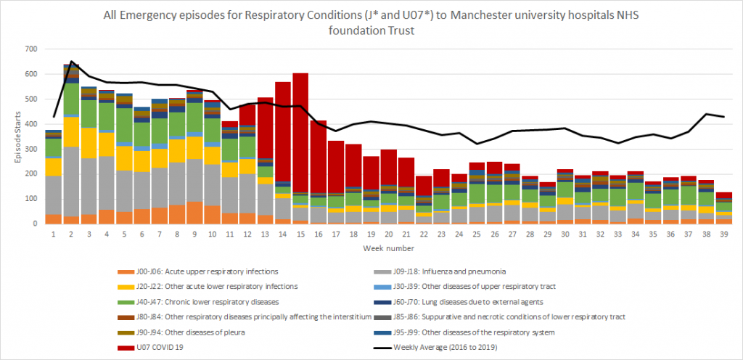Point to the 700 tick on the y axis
pos(30,49)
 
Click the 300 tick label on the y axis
pos(30,149)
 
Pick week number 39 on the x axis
pos(724,234)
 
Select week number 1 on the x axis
pos(54,234)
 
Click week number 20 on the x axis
pos(389,234)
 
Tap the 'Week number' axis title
pos(389,248)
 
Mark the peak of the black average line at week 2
pos(71,62)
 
